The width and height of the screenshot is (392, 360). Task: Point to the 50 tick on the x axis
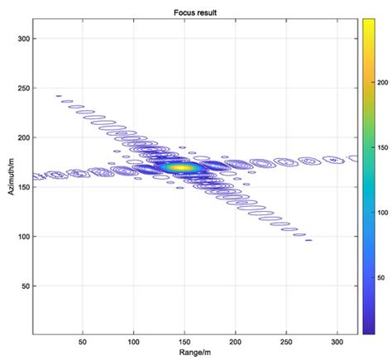pos(83,341)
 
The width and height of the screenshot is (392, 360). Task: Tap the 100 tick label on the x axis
pos(134,341)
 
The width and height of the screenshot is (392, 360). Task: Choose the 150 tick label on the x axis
pos(184,341)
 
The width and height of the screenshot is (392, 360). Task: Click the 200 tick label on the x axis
pos(236,341)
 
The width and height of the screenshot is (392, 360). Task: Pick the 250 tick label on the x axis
pos(287,341)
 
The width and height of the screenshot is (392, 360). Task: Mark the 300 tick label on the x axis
pos(337,341)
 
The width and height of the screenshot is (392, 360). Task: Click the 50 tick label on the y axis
pos(25,286)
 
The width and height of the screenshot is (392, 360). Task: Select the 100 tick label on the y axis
pos(23,237)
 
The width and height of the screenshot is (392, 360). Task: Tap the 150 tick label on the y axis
pos(23,187)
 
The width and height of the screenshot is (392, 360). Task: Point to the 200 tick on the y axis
pos(23,137)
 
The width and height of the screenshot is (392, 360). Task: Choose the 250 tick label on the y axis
pos(23,88)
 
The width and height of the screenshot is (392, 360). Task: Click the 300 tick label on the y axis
pos(23,38)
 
